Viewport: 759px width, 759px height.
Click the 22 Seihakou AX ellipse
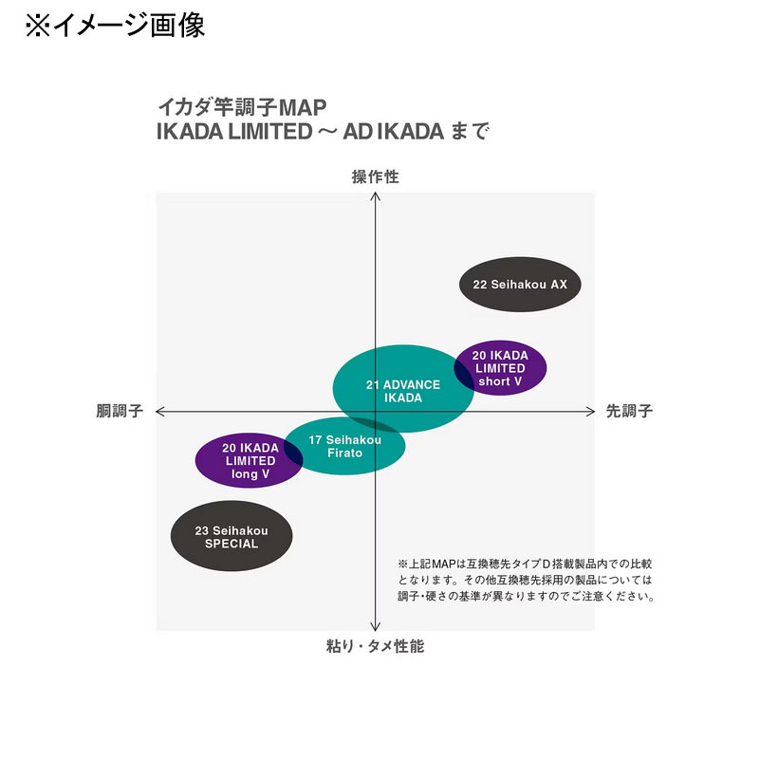(520, 284)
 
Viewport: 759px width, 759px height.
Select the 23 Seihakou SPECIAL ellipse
(231, 536)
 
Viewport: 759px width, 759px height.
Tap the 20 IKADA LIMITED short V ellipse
(501, 368)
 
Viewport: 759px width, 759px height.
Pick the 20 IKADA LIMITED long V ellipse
(249, 460)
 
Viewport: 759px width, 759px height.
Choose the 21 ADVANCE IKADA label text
(403, 391)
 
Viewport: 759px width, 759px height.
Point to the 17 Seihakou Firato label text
(344, 446)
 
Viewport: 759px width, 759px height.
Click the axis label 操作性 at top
(375, 176)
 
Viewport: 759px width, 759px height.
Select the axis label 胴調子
(120, 411)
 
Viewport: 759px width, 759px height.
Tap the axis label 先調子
(629, 411)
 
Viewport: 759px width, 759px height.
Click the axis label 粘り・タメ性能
(375, 646)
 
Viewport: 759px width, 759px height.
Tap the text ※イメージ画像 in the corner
(115, 26)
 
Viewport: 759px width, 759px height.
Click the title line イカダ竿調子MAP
(242, 107)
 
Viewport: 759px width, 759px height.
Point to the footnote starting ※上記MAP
(527, 580)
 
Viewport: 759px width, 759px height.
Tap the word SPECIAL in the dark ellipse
(231, 544)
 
